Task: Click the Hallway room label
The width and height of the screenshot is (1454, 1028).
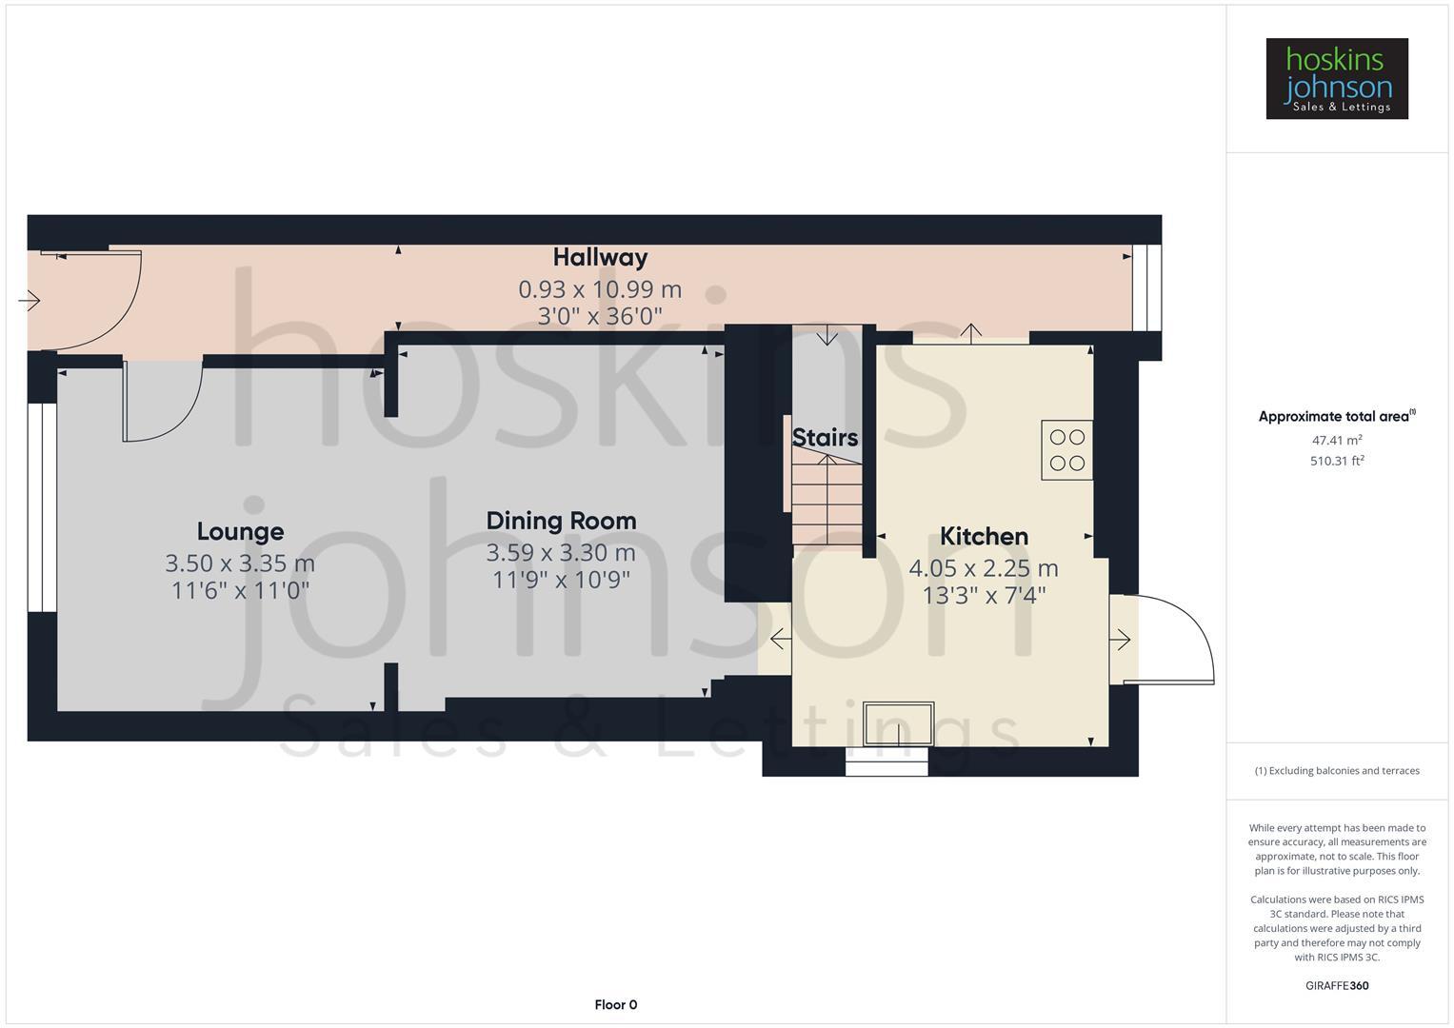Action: tap(600, 258)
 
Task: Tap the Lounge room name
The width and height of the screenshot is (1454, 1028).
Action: tap(240, 531)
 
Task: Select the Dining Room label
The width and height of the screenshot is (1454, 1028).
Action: tap(561, 522)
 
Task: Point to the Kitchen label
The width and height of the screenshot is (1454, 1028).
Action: tap(984, 537)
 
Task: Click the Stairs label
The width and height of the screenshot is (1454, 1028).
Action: tap(825, 438)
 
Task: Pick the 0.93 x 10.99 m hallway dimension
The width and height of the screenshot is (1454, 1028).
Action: tap(600, 289)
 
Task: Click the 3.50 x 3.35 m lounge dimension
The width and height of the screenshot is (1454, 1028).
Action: tap(240, 563)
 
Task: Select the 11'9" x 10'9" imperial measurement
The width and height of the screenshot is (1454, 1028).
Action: tap(561, 580)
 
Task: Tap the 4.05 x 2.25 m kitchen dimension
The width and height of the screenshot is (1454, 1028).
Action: tap(984, 568)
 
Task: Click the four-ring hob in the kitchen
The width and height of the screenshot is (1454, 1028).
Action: tap(1066, 449)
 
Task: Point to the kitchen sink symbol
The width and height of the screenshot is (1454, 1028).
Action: tap(898, 723)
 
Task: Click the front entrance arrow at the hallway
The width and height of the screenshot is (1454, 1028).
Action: tap(30, 301)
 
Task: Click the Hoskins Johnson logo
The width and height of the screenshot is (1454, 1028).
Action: tap(1337, 78)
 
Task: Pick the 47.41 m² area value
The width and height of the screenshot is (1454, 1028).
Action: tap(1337, 440)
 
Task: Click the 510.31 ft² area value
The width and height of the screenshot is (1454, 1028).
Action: tap(1337, 461)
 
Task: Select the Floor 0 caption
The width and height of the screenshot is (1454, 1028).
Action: tap(616, 1004)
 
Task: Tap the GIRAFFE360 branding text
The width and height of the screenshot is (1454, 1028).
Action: tap(1337, 985)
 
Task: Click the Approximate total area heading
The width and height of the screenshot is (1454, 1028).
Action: tap(1337, 416)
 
